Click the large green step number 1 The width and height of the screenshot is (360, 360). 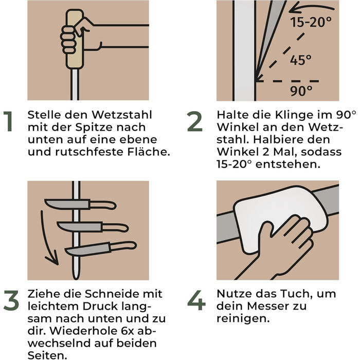click(9, 121)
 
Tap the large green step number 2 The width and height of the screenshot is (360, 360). click(195, 121)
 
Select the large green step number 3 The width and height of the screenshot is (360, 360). click(11, 300)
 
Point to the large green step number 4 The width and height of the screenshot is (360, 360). click(196, 300)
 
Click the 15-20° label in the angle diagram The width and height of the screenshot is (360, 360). click(311, 22)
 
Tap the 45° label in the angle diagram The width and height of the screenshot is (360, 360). click(301, 60)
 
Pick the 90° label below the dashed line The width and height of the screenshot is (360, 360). click(301, 91)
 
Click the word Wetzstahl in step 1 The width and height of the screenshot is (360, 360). click(122, 115)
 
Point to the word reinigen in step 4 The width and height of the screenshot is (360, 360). click(243, 318)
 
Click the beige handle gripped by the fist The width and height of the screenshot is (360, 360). click(75, 39)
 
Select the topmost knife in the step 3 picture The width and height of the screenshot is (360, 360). click(80, 204)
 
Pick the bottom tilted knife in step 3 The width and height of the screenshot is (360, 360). click(101, 248)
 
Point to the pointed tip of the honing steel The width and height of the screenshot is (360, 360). click(76, 279)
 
